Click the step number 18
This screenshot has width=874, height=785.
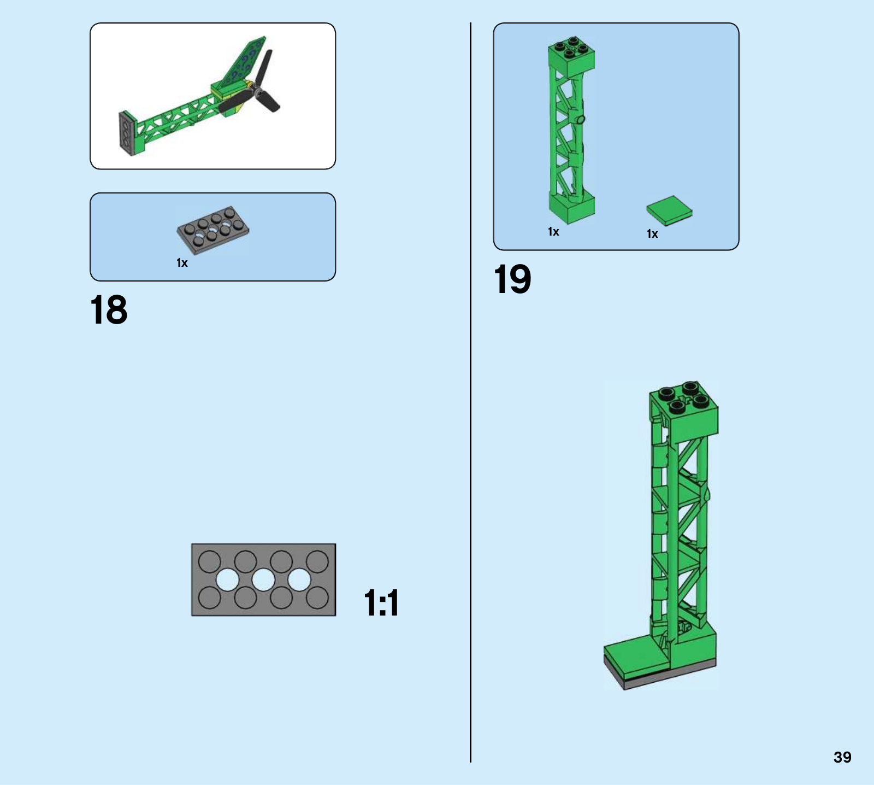(x=109, y=310)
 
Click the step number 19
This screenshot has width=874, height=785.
(x=512, y=279)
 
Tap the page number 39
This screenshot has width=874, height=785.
(x=842, y=757)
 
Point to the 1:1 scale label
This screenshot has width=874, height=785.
(x=381, y=603)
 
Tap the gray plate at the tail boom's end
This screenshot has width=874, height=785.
(x=126, y=133)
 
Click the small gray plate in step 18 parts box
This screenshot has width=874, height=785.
(x=213, y=230)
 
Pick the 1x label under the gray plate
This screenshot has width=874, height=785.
(x=182, y=263)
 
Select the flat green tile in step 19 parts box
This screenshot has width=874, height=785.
(x=669, y=210)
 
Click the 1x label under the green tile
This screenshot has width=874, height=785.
(x=652, y=234)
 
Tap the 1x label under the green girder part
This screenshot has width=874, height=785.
(x=553, y=232)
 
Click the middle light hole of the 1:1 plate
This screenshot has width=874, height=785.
(x=263, y=580)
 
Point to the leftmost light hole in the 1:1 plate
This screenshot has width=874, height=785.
(x=227, y=580)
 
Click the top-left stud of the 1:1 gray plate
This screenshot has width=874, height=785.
(x=209, y=561)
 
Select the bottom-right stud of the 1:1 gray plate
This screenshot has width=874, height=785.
(x=317, y=598)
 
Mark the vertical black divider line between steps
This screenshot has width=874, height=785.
(x=470, y=392)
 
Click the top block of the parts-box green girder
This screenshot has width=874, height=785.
(x=572, y=57)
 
